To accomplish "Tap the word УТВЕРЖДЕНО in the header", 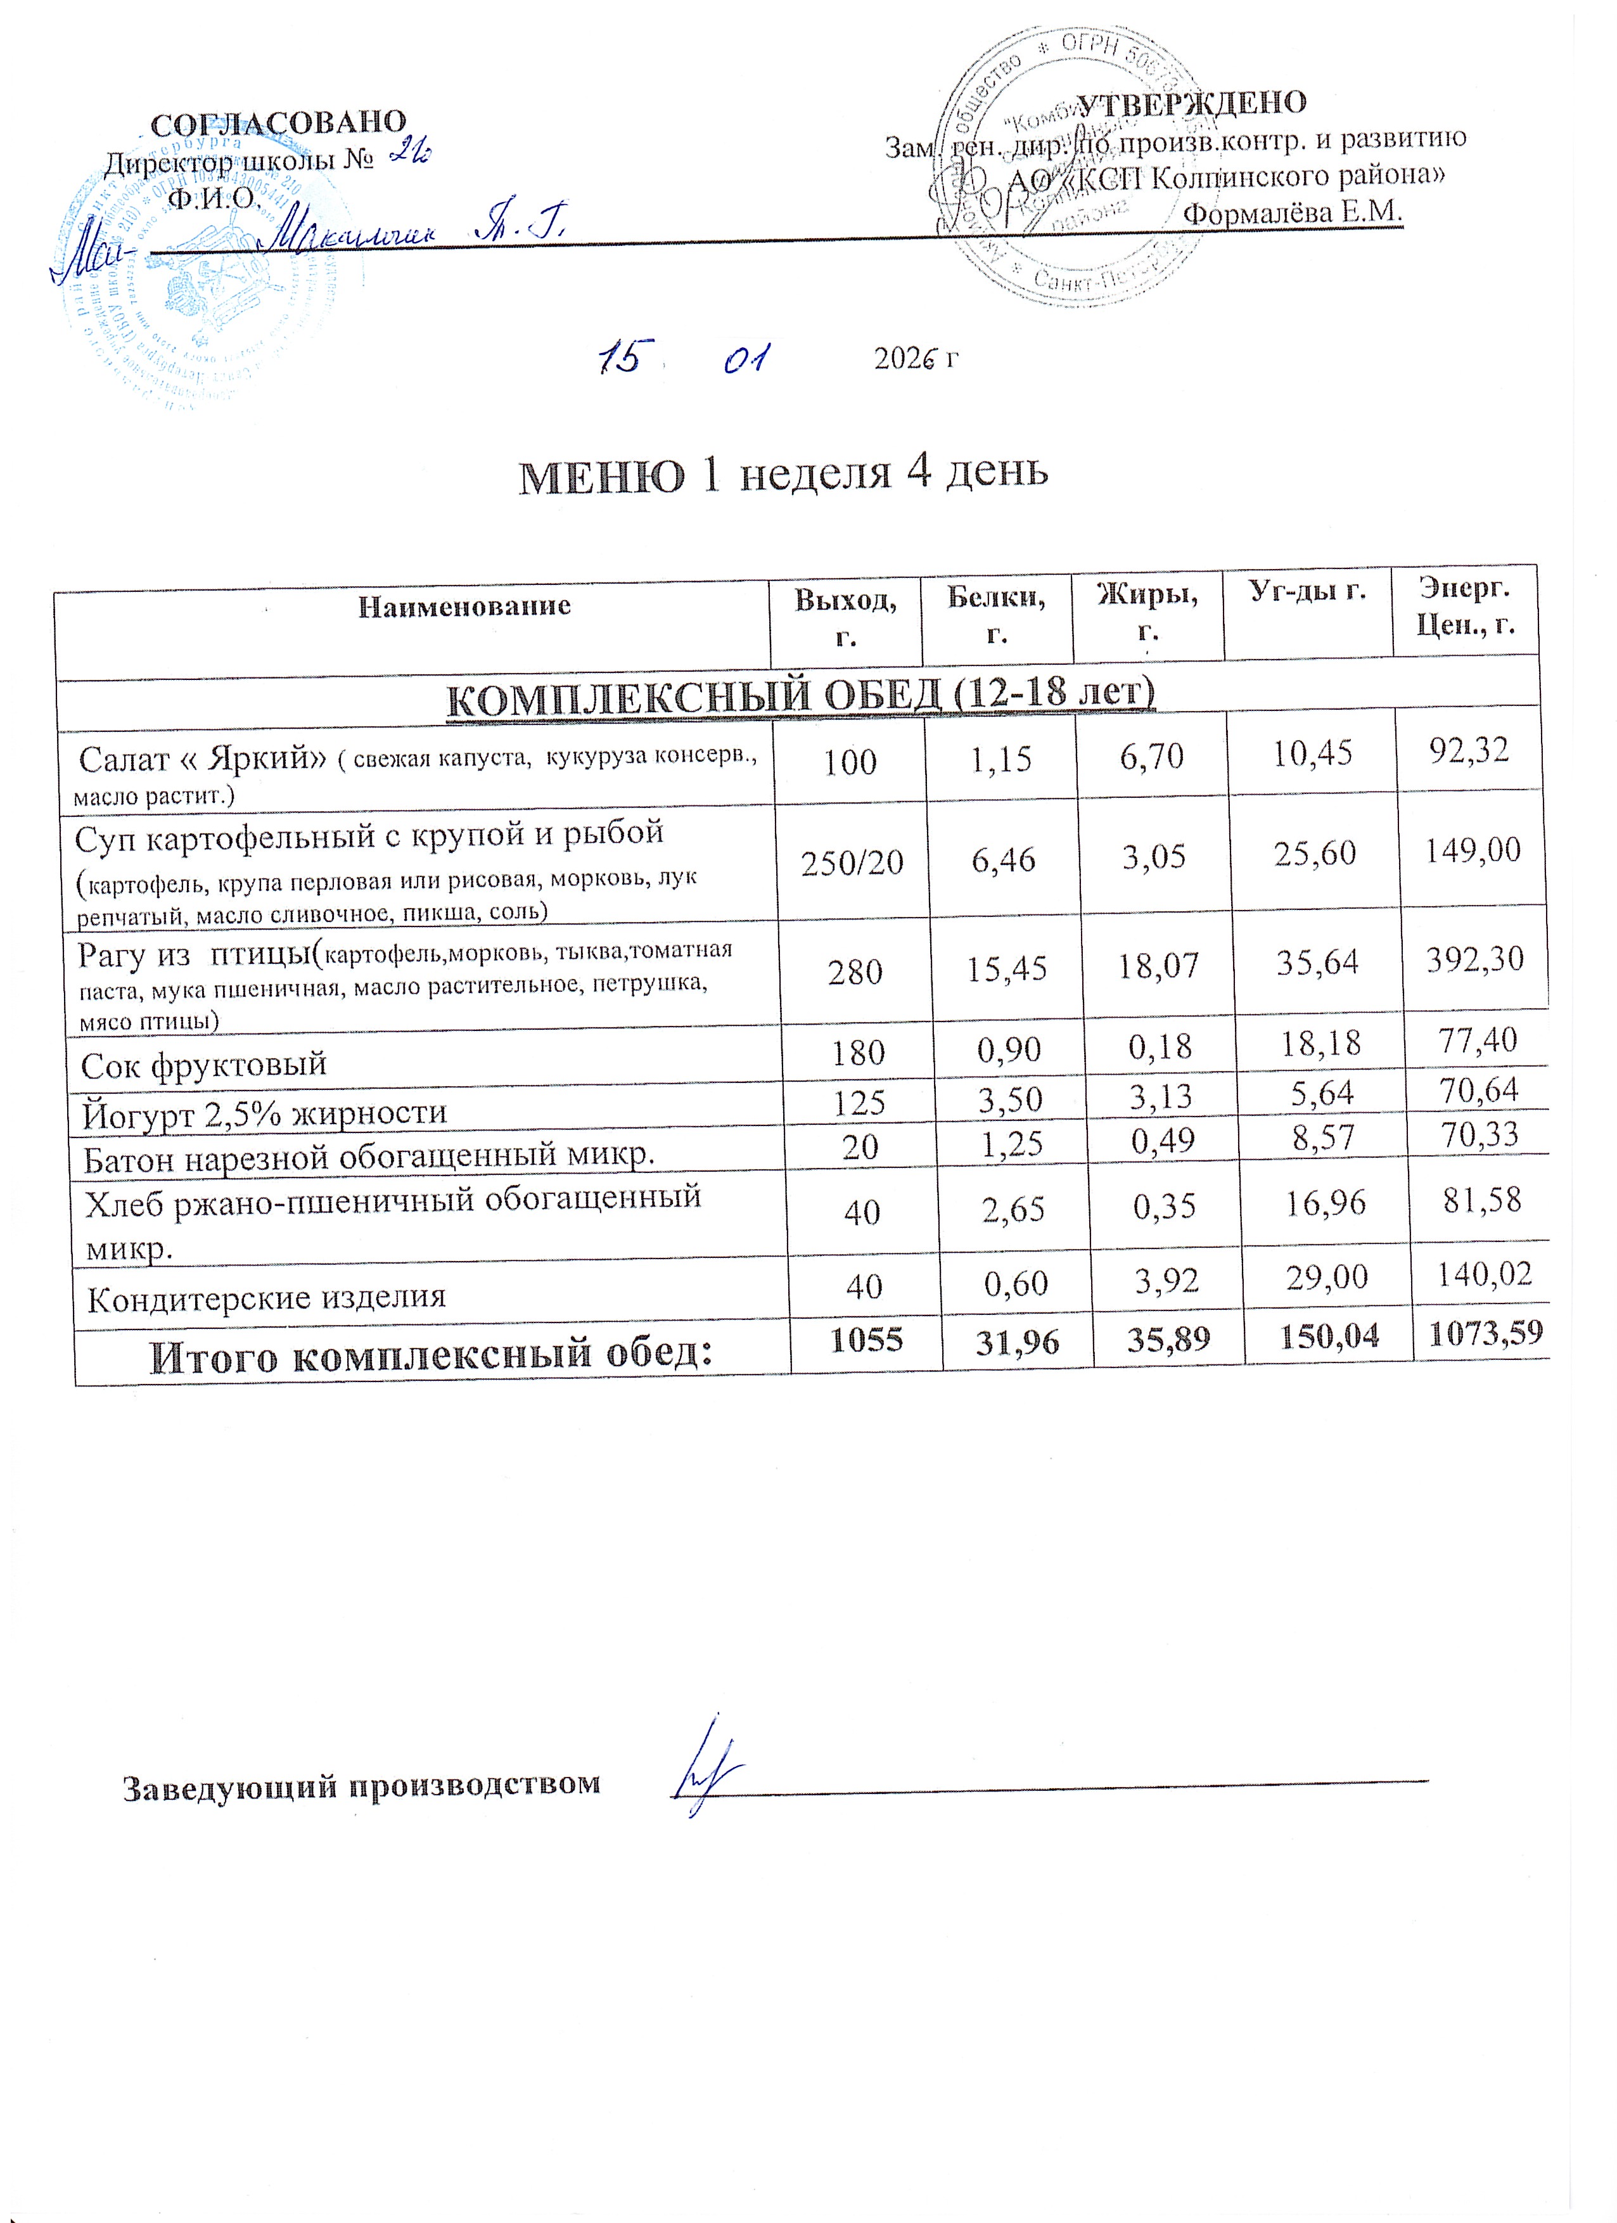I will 1192,103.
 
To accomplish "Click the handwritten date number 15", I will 620,358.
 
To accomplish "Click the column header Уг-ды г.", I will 1307,591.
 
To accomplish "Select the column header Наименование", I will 464,606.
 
